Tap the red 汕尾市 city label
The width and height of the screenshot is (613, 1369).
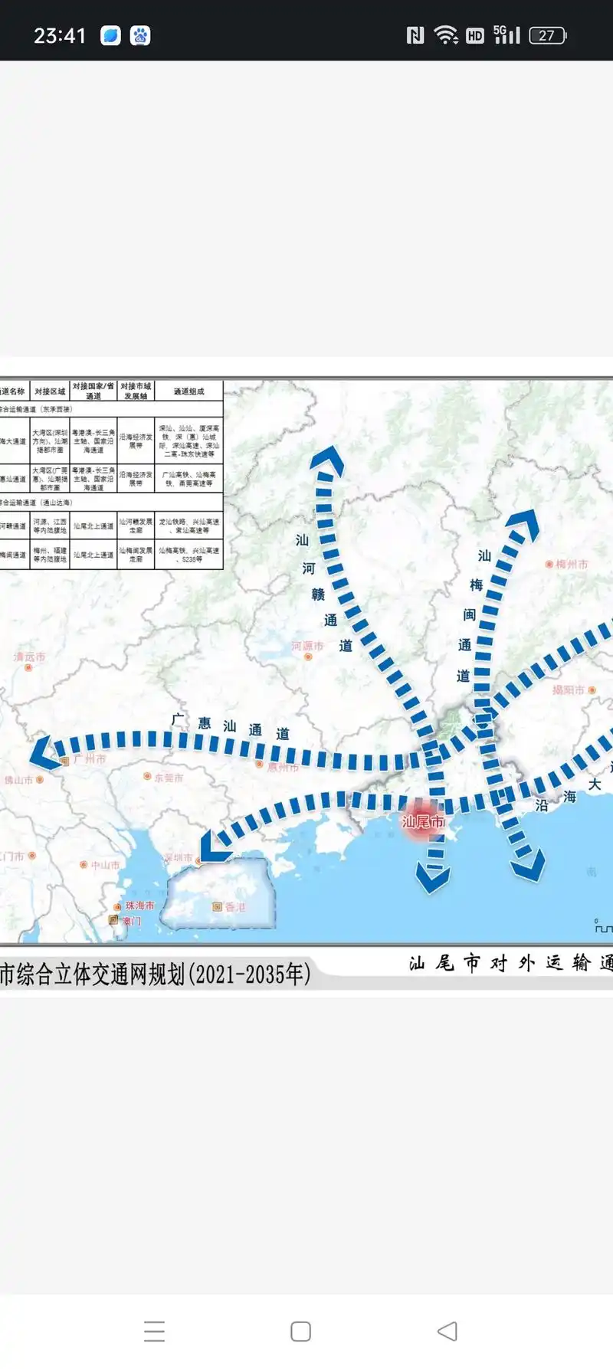[422, 822]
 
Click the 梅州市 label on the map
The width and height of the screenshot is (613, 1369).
[571, 564]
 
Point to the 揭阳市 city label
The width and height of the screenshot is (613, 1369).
[569, 689]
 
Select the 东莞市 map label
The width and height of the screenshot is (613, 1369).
[169, 778]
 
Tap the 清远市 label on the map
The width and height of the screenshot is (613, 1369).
[29, 657]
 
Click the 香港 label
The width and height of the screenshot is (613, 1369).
[234, 906]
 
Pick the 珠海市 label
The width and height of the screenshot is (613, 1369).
[139, 906]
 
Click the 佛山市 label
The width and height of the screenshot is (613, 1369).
[18, 780]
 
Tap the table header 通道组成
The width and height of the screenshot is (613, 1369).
[188, 391]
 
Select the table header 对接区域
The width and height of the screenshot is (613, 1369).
[50, 391]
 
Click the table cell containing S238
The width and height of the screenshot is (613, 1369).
[188, 555]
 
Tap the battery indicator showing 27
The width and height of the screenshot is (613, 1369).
[547, 35]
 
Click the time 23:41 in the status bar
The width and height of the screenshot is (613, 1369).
[59, 35]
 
